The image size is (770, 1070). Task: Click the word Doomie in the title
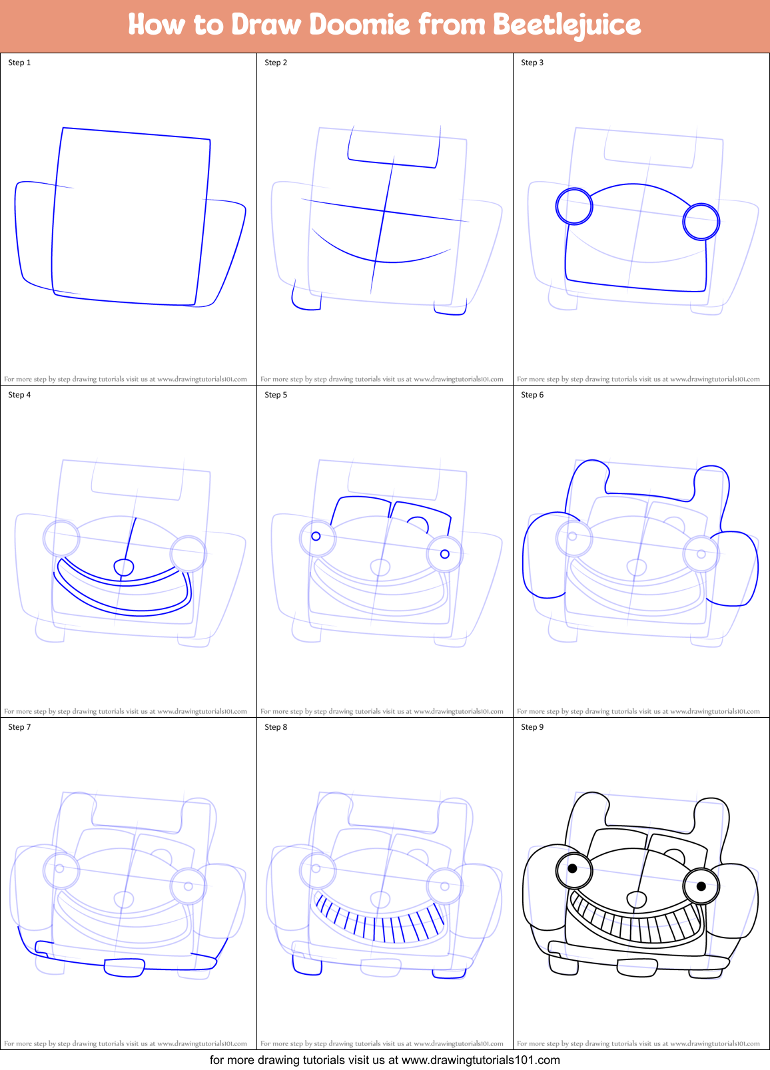(x=360, y=25)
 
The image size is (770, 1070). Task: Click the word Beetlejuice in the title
(x=566, y=25)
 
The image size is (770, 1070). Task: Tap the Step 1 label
(x=19, y=63)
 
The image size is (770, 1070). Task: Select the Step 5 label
(x=276, y=395)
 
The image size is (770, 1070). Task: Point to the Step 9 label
(x=532, y=727)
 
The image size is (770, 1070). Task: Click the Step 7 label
(x=19, y=727)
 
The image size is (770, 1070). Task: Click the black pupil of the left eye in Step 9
(x=572, y=868)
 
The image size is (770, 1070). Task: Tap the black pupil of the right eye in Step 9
(x=701, y=886)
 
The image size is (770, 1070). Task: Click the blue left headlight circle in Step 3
(x=574, y=206)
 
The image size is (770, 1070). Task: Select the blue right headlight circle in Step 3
(x=701, y=222)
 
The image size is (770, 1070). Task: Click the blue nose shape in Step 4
(x=124, y=567)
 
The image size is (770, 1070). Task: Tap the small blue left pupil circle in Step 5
(x=316, y=536)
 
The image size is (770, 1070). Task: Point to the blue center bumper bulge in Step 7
(x=125, y=967)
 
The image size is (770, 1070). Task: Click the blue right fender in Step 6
(x=736, y=569)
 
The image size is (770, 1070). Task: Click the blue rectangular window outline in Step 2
(x=393, y=150)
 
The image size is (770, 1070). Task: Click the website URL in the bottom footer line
(x=480, y=1060)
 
